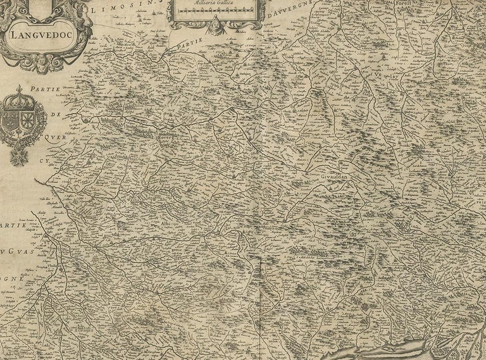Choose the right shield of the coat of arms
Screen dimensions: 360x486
[x=29, y=122]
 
